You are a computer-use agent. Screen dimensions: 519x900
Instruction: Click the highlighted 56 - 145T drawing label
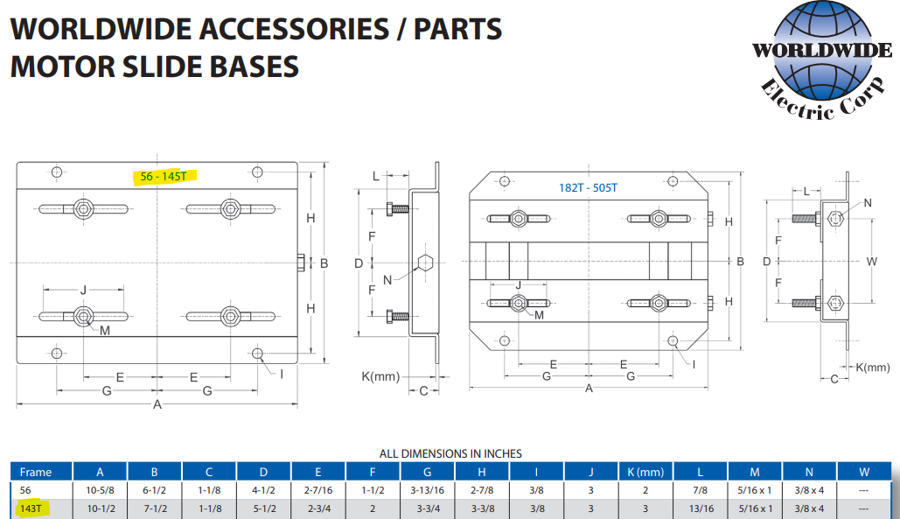(164, 176)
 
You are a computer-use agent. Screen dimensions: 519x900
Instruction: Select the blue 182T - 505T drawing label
(588, 187)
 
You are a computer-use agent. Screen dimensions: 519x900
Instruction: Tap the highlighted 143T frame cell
(31, 508)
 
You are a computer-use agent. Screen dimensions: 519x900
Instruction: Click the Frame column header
(36, 472)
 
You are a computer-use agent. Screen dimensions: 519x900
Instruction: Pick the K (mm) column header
(645, 472)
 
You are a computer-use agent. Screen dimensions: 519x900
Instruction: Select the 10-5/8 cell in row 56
(100, 490)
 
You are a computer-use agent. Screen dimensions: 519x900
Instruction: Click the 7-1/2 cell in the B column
(154, 508)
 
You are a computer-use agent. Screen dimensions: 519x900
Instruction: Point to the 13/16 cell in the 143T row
(700, 508)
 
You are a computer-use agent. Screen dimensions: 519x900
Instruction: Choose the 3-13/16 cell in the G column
(427, 490)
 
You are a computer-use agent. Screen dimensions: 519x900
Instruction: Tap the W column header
(863, 472)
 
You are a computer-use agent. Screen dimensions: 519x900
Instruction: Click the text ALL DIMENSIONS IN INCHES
(450, 453)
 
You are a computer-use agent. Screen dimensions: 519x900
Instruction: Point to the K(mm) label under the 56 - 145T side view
(380, 376)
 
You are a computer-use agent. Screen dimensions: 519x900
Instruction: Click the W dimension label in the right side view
(871, 261)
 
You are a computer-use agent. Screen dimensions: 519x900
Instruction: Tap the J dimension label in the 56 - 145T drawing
(83, 290)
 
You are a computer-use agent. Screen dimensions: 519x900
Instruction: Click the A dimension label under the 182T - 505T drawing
(589, 388)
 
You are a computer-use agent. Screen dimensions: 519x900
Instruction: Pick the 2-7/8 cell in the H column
(482, 490)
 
